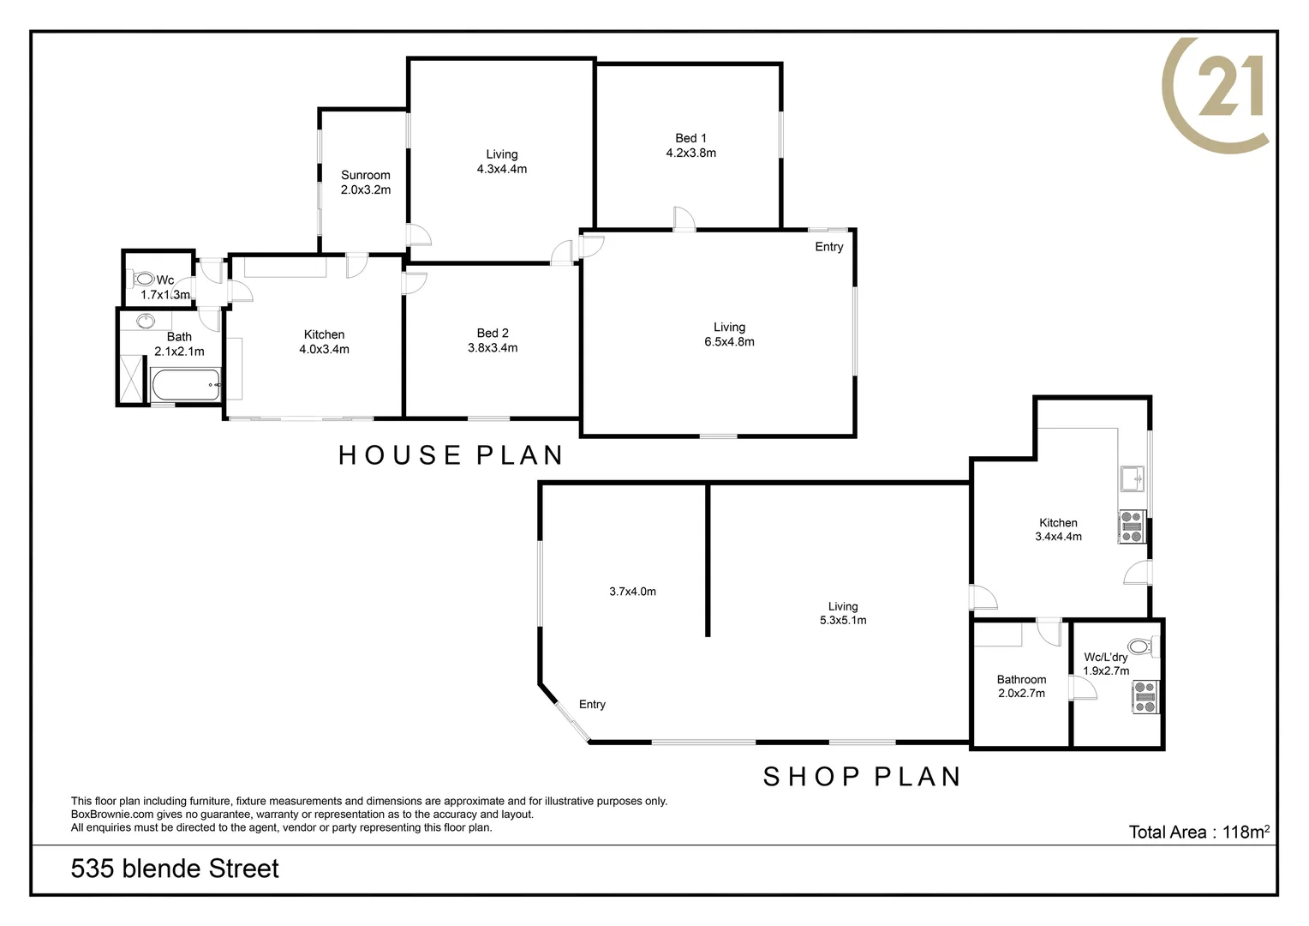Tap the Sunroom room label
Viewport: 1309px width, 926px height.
tap(365, 175)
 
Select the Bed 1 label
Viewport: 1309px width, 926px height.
tap(690, 138)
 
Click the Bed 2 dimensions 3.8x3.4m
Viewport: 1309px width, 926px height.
tap(493, 348)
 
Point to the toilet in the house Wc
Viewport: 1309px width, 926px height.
tap(143, 280)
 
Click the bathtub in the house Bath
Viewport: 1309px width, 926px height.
tap(186, 385)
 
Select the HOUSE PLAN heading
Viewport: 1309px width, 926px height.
tap(451, 455)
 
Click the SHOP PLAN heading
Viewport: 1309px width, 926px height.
tap(862, 777)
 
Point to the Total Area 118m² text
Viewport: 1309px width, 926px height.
tap(1198, 832)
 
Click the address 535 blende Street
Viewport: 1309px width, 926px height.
tap(175, 869)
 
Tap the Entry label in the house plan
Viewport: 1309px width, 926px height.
tap(828, 247)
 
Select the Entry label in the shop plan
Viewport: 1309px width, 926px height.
tap(592, 705)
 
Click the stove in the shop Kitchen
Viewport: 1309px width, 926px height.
tap(1133, 526)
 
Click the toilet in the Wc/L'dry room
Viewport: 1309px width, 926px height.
tap(1140, 646)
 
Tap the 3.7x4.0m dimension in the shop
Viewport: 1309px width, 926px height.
tap(632, 592)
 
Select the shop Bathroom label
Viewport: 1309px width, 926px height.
tap(1021, 679)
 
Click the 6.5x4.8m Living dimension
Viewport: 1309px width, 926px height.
tap(729, 342)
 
